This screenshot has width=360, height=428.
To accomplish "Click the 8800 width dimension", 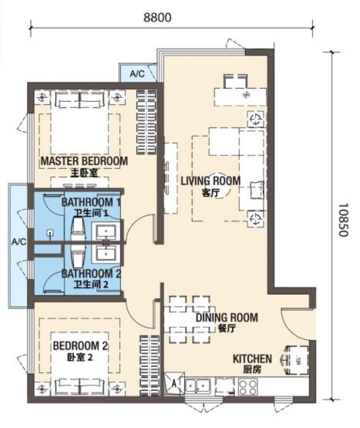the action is click(x=158, y=18).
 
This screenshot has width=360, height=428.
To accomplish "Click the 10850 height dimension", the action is click(x=343, y=220).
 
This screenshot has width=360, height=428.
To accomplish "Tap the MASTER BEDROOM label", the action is click(x=84, y=161).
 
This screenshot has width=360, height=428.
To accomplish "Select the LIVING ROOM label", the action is click(x=210, y=180).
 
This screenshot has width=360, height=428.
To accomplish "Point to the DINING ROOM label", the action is click(x=227, y=318).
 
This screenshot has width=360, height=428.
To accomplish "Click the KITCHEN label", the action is click(x=252, y=359).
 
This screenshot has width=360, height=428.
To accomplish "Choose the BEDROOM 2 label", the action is click(x=80, y=345).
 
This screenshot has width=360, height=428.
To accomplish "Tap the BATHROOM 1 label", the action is click(x=91, y=202).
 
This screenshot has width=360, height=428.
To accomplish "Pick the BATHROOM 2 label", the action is click(x=91, y=274).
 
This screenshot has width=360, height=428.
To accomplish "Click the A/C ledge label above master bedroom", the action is click(x=137, y=74).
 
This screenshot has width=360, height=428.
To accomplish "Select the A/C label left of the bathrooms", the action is click(x=19, y=242).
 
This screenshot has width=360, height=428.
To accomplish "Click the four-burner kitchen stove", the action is click(x=247, y=386).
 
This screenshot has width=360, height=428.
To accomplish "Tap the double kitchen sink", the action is click(x=197, y=386).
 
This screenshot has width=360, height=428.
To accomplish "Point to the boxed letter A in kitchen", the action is click(x=174, y=383).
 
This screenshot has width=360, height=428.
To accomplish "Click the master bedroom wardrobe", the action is click(x=146, y=123).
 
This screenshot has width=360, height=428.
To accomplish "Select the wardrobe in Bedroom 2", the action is click(x=150, y=366).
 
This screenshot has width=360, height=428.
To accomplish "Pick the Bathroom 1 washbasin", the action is click(x=106, y=232).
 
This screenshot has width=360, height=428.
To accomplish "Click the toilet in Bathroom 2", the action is click(x=78, y=257).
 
